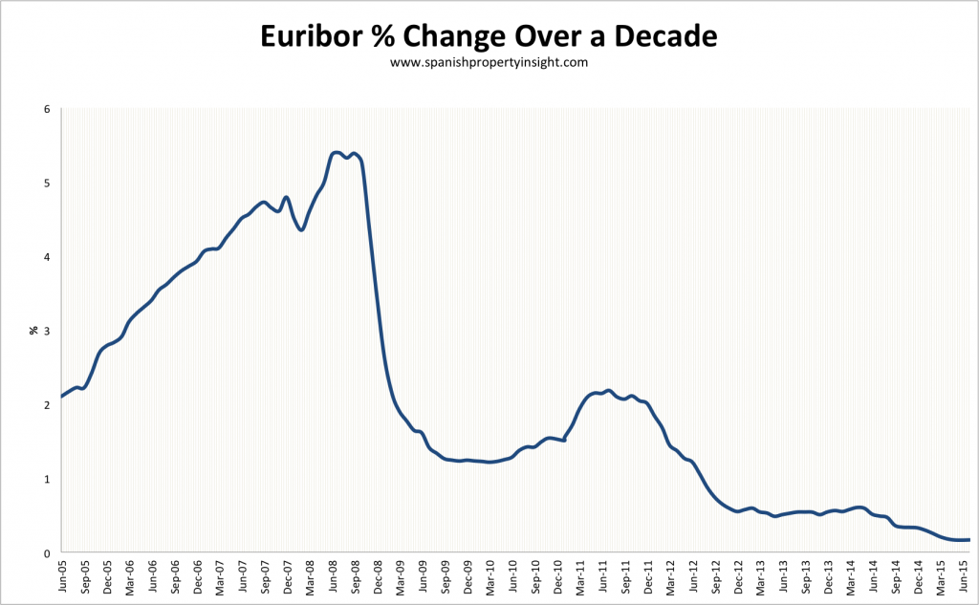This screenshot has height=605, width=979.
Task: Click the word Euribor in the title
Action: (315, 38)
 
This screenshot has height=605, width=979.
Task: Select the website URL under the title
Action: (489, 62)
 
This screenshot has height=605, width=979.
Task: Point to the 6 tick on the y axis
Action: (46, 109)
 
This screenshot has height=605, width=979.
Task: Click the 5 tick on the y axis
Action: (46, 183)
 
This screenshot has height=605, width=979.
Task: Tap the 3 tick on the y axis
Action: (46, 331)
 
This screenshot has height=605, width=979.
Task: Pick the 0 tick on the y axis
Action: (46, 553)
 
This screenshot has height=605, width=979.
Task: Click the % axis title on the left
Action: (33, 331)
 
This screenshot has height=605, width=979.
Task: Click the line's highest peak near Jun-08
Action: (335, 152)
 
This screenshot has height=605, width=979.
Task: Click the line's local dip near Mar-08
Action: (301, 229)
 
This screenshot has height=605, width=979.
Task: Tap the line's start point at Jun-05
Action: (62, 396)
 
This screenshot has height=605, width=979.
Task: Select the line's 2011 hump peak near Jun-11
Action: (608, 390)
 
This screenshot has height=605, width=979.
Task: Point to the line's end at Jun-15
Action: (968, 540)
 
